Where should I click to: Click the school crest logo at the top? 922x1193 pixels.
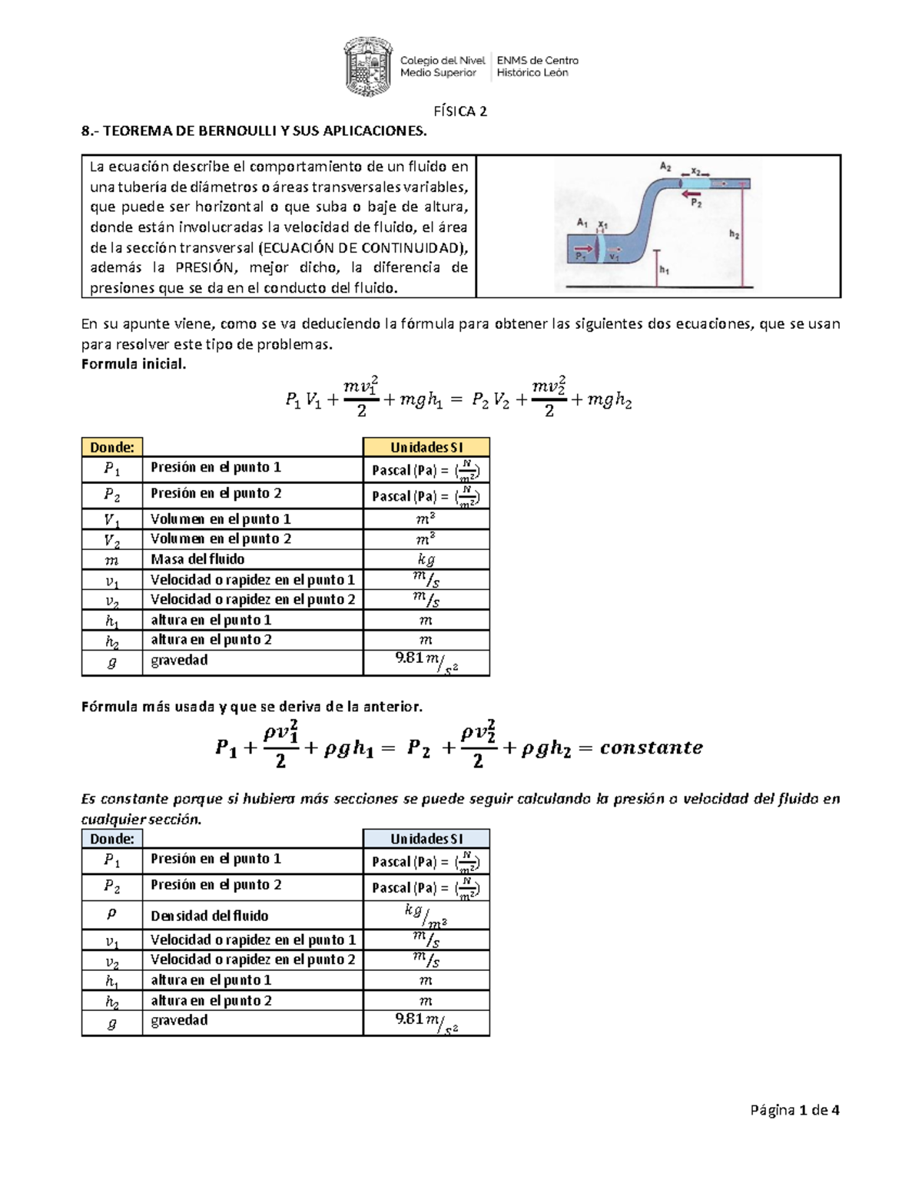(368, 66)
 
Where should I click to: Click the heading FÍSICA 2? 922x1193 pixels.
(460, 111)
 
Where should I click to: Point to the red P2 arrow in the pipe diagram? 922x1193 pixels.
(691, 194)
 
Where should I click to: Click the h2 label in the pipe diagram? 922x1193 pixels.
(735, 234)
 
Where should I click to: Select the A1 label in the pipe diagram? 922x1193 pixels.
(582, 223)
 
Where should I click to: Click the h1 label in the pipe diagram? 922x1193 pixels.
(665, 270)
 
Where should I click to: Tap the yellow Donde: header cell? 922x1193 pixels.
(112, 447)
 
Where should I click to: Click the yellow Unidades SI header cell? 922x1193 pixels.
(426, 447)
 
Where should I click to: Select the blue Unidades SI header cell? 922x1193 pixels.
(426, 839)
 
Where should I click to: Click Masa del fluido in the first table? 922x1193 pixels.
(197, 559)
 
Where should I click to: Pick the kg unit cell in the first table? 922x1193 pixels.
(426, 560)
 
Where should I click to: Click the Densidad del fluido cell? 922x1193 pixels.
(210, 916)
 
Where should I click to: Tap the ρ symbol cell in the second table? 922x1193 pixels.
(112, 914)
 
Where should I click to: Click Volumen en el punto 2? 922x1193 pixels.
(221, 539)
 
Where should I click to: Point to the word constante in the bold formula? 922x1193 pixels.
(651, 747)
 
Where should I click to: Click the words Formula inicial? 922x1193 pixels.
(134, 364)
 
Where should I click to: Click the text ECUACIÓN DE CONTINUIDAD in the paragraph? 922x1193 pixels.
(363, 247)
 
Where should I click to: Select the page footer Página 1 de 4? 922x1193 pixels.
(794, 1109)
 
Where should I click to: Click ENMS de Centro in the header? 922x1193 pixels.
(538, 61)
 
